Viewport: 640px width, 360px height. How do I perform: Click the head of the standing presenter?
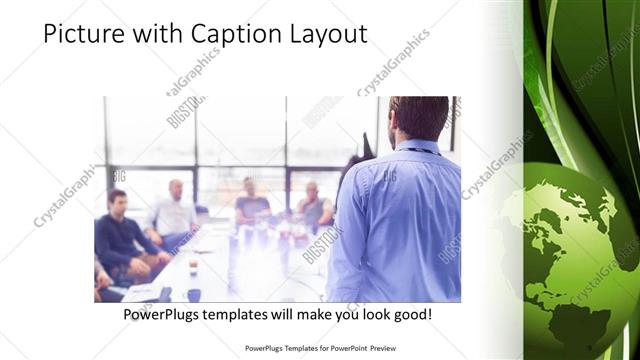[417, 117]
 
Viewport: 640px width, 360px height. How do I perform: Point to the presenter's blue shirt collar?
[415, 147]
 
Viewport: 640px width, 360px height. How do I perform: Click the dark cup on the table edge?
[193, 294]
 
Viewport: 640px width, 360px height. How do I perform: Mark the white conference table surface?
[250, 270]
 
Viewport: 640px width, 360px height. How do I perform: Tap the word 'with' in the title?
[154, 35]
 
